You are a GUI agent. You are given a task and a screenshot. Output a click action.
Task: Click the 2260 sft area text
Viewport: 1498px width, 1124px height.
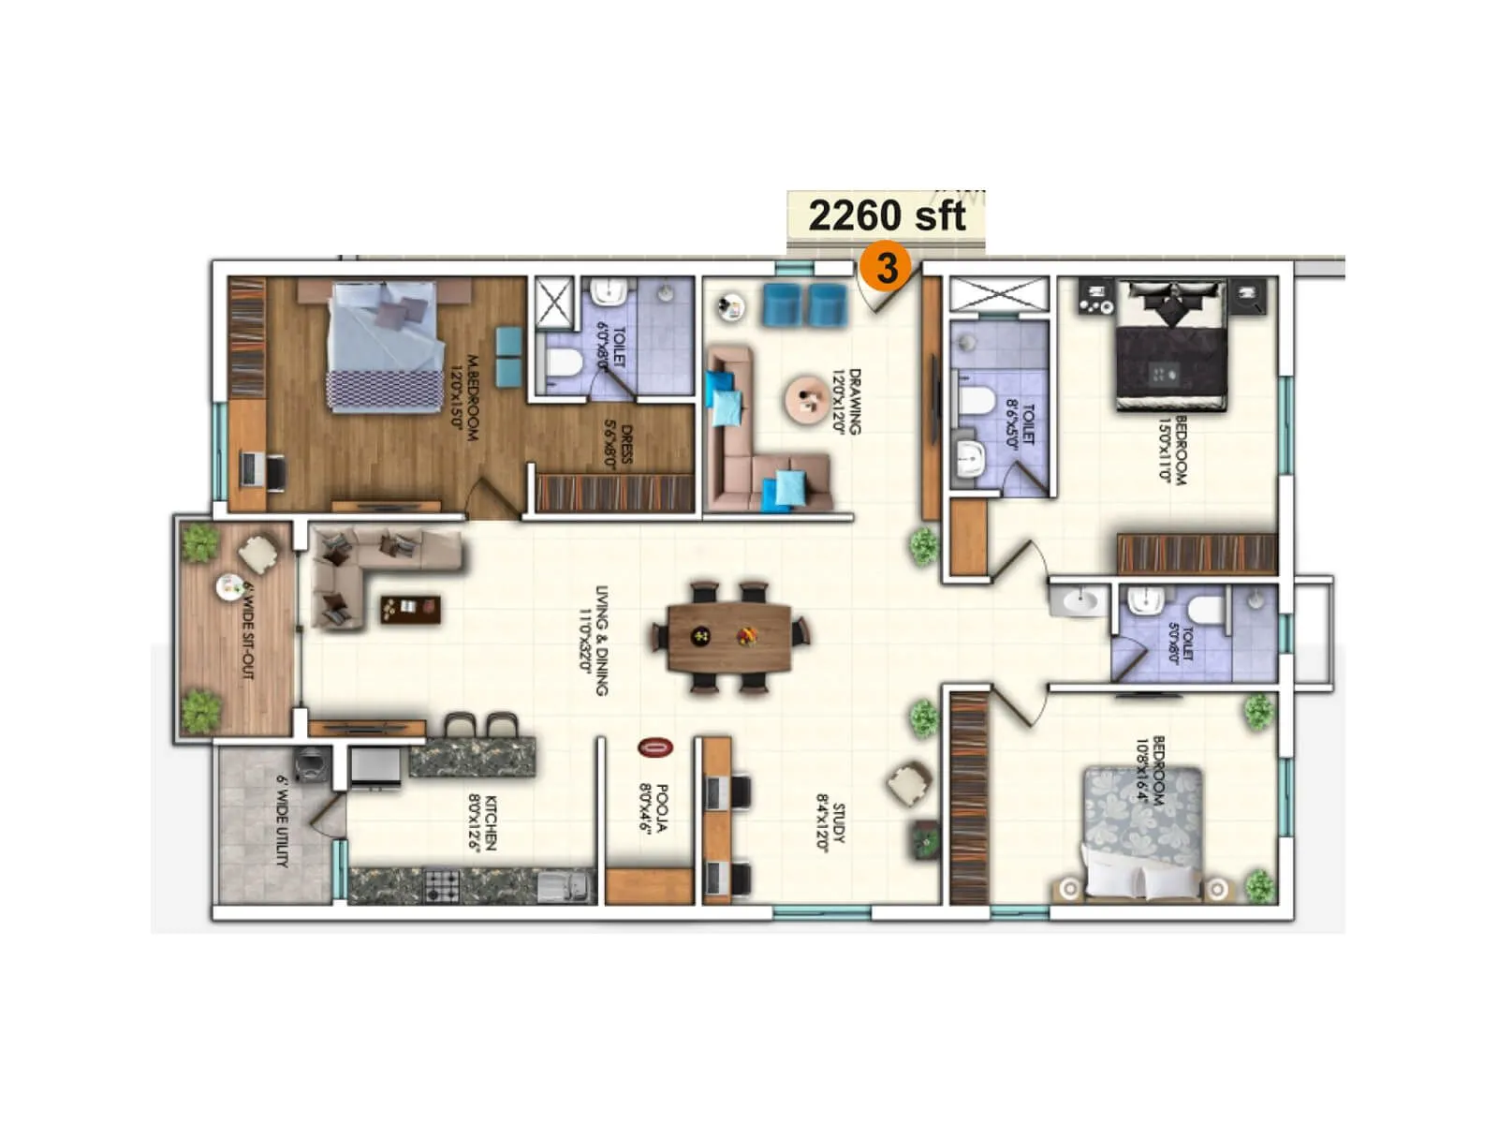point(886,215)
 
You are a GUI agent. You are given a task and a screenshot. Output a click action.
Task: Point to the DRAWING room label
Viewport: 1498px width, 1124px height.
point(847,401)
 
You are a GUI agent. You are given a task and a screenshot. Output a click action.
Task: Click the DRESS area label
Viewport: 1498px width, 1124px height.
point(620,442)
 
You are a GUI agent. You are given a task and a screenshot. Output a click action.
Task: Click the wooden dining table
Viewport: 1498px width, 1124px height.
point(729,637)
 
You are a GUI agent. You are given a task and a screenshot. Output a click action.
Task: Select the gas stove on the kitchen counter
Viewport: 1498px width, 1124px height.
point(442,884)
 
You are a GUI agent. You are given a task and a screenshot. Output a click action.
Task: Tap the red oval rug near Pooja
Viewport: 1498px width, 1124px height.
point(655,747)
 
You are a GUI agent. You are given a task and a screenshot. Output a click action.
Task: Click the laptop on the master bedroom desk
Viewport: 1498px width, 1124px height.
point(251,467)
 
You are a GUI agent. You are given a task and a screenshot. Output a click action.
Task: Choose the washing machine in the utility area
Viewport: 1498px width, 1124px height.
point(312,763)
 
